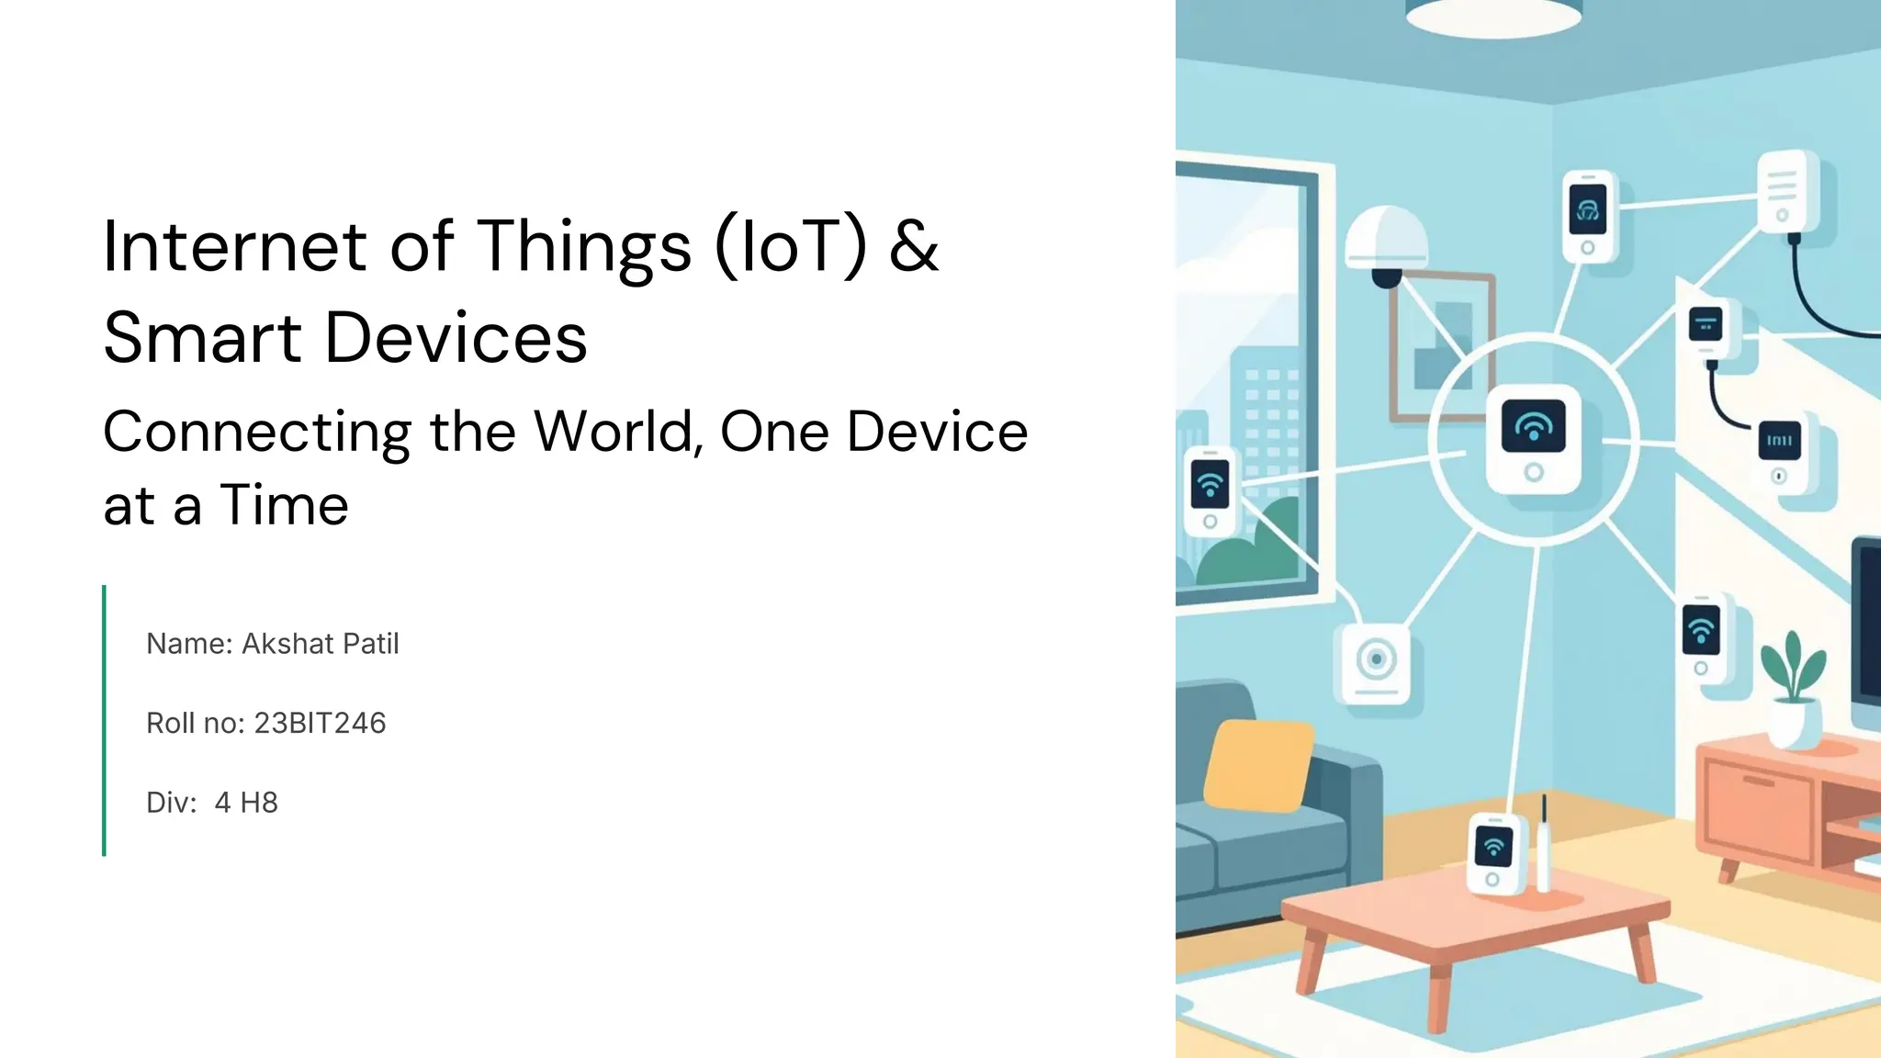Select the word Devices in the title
coord(456,338)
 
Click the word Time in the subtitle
coord(285,505)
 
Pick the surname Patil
coord(371,644)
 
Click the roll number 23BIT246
coord(320,724)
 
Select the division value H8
coord(259,803)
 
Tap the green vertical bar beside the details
coord(105,721)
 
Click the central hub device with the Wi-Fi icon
coord(1534,439)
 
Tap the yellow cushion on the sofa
coord(1258,765)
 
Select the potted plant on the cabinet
coord(1794,689)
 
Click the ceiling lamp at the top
coord(1493,14)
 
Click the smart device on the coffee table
coord(1494,852)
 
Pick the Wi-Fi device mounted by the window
coord(1211,491)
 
